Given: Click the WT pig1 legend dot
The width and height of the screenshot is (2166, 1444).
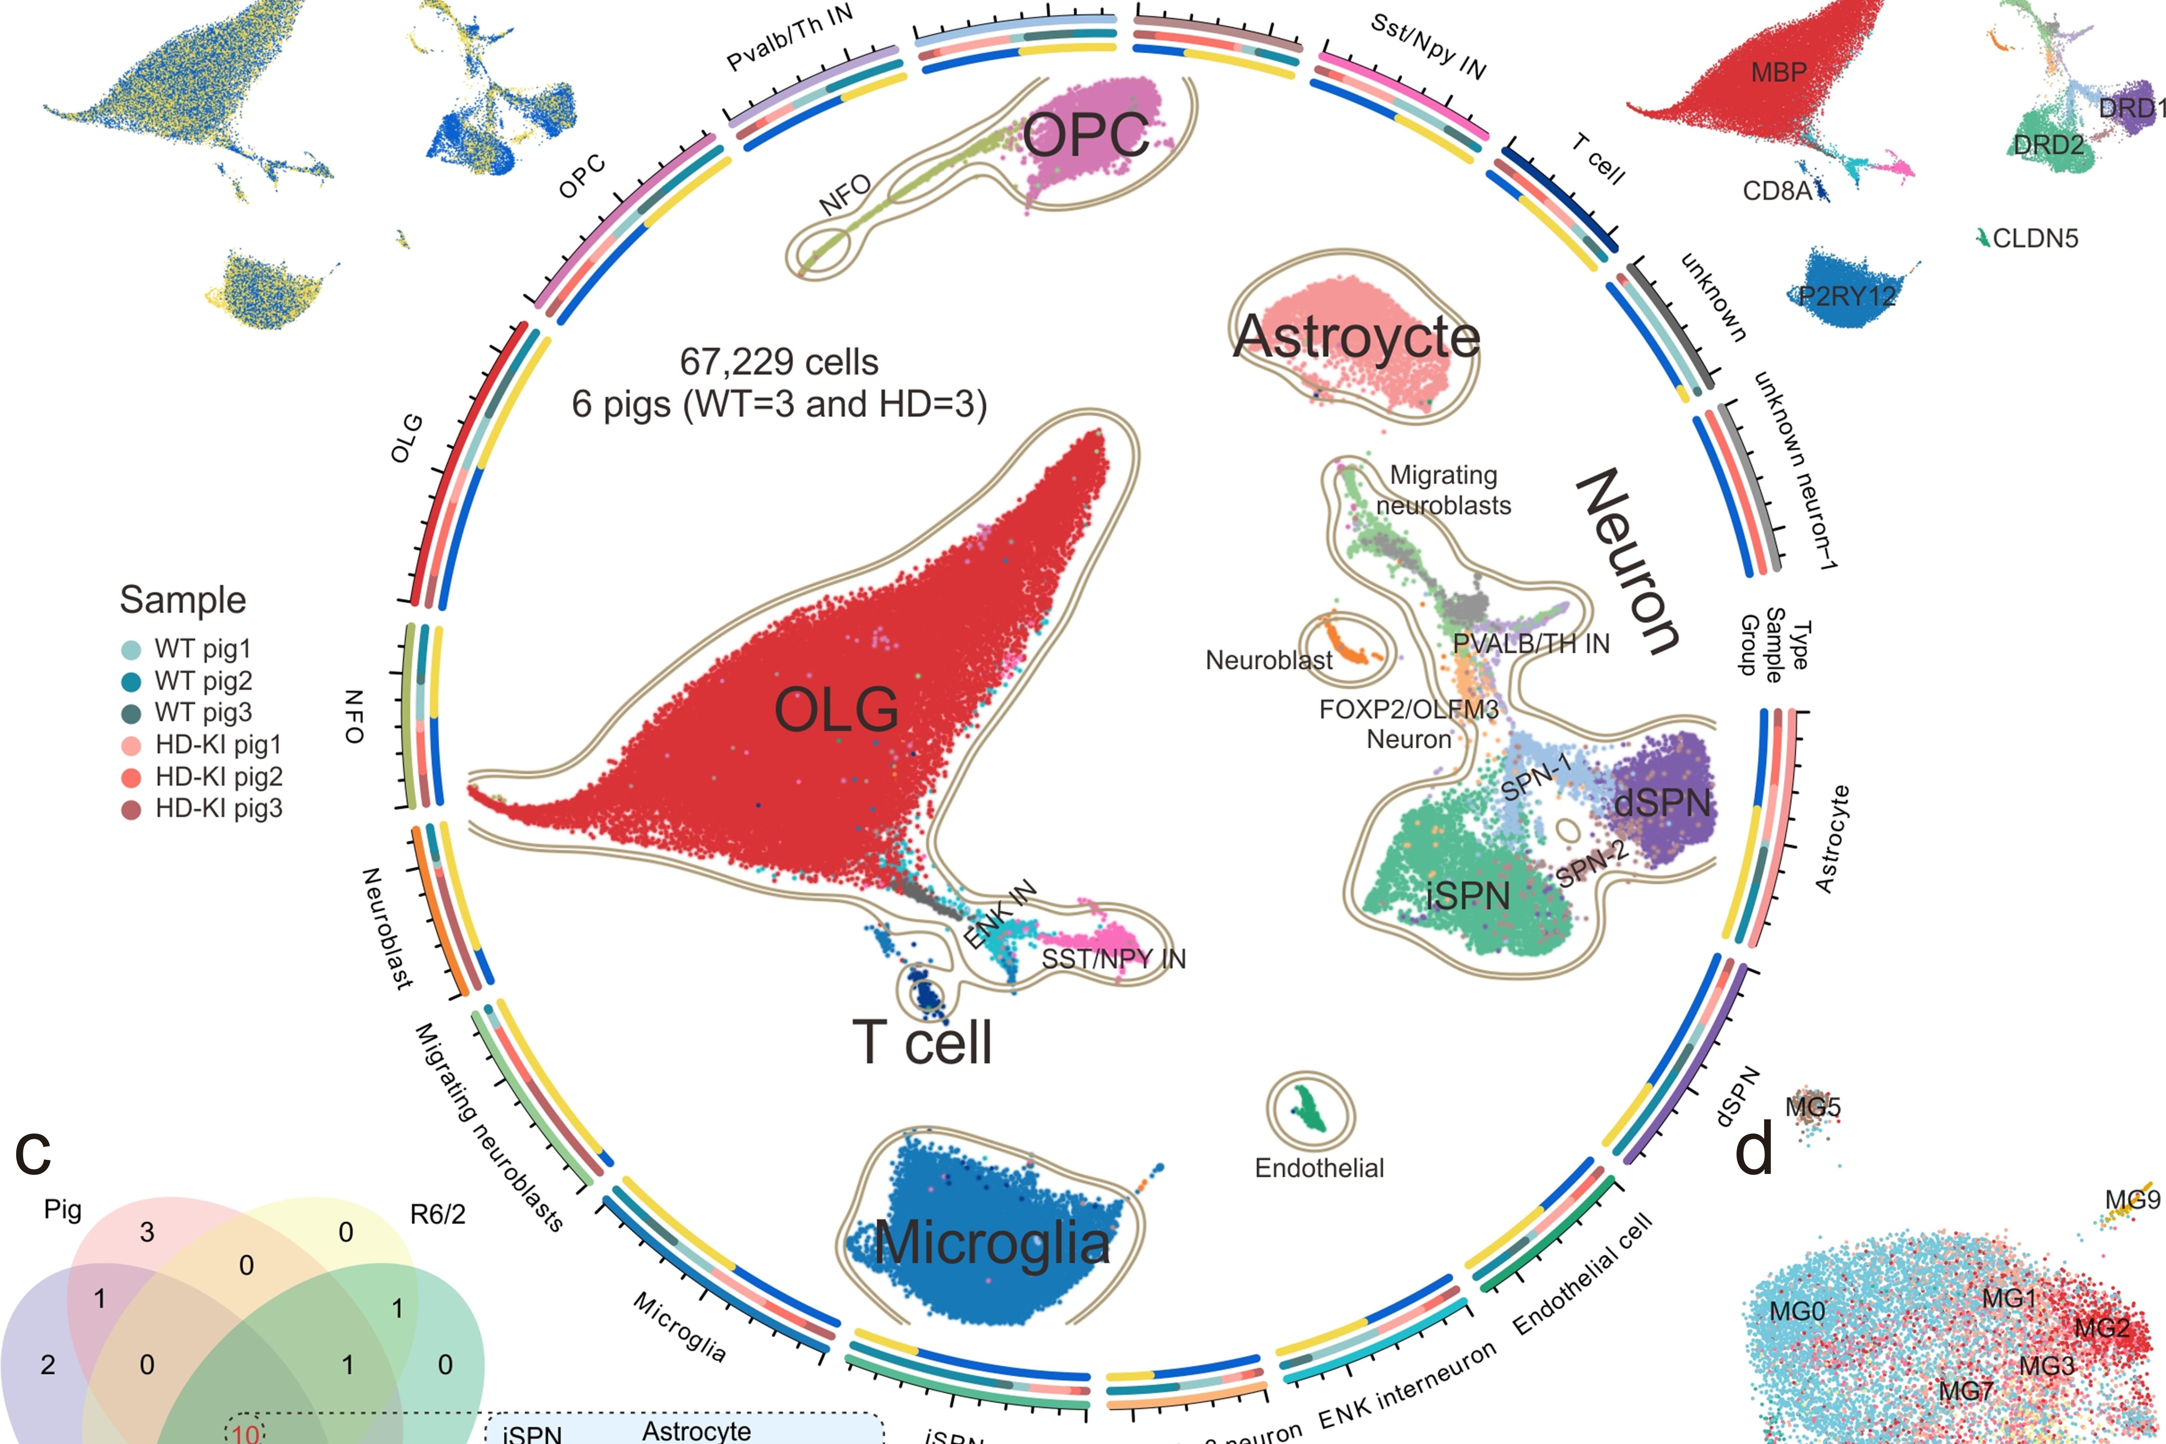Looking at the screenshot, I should (x=131, y=650).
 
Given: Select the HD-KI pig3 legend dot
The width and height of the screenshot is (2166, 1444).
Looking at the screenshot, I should (x=131, y=810).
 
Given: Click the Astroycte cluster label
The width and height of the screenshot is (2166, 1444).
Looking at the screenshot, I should (x=1356, y=337).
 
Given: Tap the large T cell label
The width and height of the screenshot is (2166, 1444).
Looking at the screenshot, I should (x=922, y=1043).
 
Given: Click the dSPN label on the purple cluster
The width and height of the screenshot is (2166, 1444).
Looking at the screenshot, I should (x=1662, y=803).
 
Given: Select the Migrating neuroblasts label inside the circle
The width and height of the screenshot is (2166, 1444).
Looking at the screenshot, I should (x=1443, y=490).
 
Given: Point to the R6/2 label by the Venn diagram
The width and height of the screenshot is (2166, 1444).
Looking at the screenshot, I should (x=437, y=1215).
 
